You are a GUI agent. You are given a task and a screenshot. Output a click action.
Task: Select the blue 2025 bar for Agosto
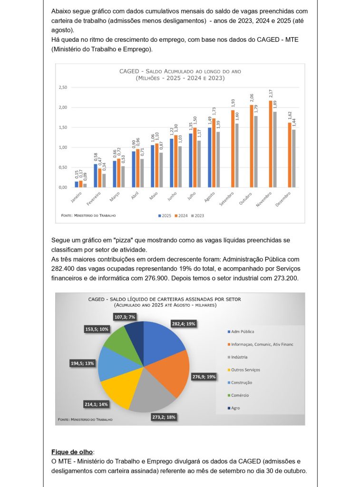click(x=209, y=157)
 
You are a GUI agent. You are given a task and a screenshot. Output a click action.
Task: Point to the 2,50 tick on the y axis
click(x=63, y=88)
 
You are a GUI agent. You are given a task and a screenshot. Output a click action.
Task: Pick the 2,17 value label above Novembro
click(x=271, y=94)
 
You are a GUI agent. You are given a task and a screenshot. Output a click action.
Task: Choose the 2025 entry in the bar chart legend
click(x=165, y=215)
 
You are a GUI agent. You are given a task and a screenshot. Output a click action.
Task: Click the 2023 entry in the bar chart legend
click(x=197, y=215)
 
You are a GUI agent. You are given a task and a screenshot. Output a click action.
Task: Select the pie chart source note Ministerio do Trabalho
click(x=85, y=419)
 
